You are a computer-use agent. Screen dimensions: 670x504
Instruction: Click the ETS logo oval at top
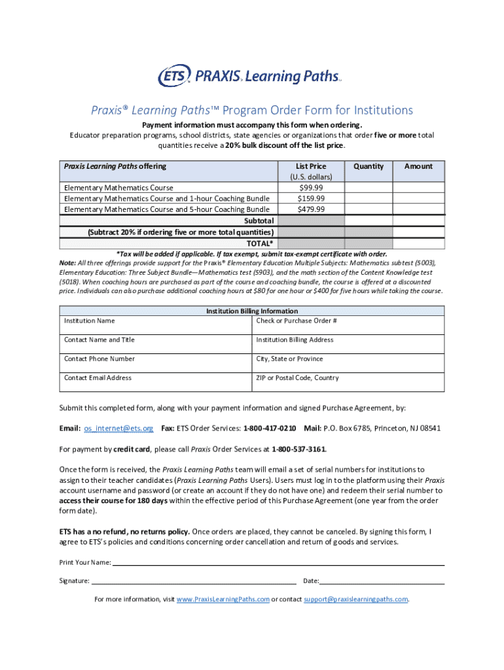(174, 76)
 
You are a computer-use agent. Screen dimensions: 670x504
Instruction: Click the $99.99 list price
(311, 188)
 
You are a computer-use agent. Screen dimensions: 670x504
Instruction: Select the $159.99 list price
(311, 198)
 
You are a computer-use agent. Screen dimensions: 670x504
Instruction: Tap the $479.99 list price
(311, 209)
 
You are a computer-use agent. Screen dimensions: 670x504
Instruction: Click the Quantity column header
(369, 166)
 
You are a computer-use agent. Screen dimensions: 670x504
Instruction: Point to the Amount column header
(418, 166)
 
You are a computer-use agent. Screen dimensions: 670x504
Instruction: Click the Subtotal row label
(259, 220)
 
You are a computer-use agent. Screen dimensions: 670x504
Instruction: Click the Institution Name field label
(89, 321)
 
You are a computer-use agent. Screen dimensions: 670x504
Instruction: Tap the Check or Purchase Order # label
(297, 321)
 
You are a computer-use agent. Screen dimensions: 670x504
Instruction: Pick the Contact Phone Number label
(99, 359)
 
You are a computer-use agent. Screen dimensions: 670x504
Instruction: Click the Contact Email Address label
(98, 378)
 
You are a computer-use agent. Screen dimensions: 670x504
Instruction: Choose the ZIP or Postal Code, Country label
(297, 378)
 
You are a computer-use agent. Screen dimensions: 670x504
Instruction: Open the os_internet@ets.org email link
(118, 428)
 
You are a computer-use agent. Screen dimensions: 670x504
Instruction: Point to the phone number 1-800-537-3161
(298, 449)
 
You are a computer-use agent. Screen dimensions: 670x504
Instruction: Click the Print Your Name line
(278, 563)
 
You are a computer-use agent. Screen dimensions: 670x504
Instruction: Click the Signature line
(193, 581)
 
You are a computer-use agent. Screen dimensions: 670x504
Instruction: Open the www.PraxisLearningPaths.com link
(223, 599)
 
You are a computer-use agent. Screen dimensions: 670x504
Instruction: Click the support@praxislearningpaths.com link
(355, 599)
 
